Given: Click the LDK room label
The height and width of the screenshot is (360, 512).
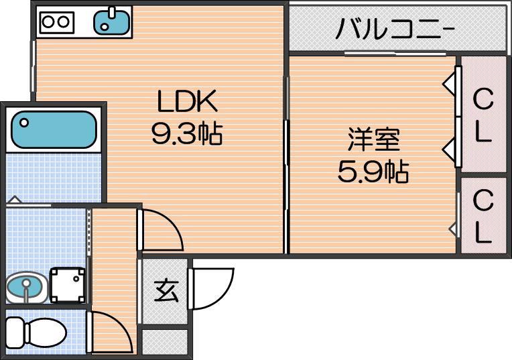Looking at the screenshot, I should pos(187,103).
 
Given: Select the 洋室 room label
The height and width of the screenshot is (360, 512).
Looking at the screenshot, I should pos(373,141).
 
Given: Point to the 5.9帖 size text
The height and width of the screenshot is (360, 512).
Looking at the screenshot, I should pos(373,173).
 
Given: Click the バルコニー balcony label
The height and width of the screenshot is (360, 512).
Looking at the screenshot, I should pos(396,29).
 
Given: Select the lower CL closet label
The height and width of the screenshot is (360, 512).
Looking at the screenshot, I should pos(483,215).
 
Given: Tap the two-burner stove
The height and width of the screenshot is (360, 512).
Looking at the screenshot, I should pos(56,21).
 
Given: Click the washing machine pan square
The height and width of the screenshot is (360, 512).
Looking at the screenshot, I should pos(68,284).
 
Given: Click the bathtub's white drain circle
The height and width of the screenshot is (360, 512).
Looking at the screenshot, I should pos(24,123).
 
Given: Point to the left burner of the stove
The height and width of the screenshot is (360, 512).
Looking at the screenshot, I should pos(48,21).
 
